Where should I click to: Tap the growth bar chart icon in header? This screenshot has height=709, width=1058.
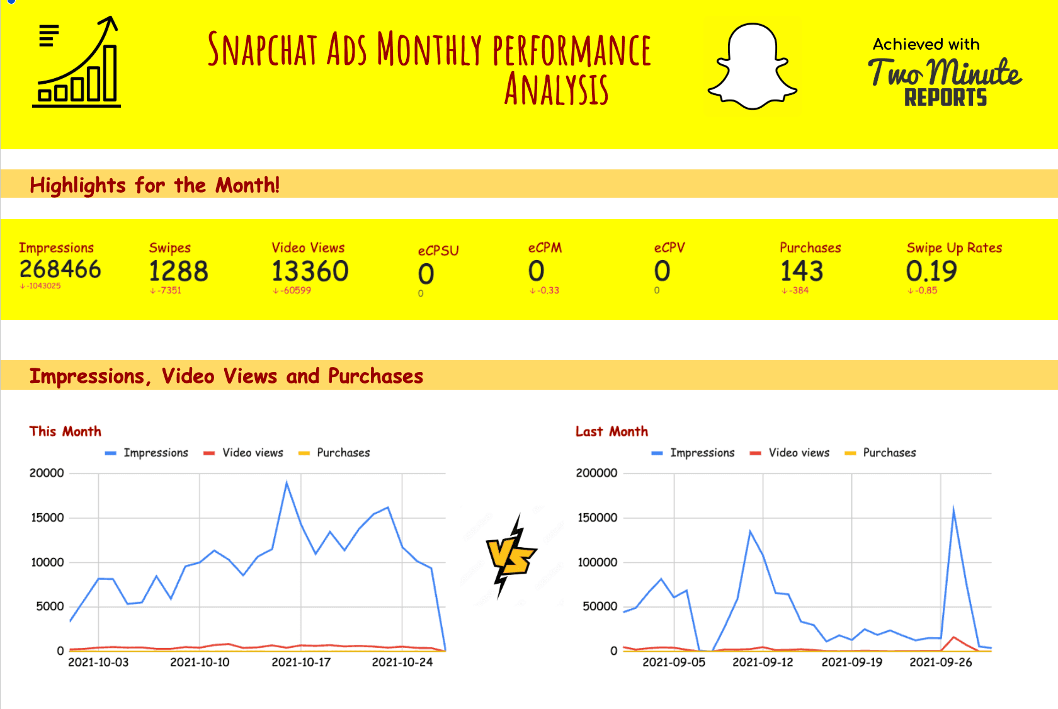point(77,63)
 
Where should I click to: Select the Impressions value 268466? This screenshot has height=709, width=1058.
point(60,269)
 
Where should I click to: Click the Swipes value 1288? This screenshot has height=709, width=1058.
point(178,271)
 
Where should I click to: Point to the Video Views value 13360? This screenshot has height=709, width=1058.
point(310,271)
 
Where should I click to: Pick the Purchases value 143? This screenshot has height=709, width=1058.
point(802,271)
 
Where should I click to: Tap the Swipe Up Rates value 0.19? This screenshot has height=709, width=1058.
point(931,271)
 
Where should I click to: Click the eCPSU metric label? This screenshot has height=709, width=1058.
point(438,251)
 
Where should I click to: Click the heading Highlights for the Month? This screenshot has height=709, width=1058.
point(154,185)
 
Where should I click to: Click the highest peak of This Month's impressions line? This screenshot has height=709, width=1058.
point(287,483)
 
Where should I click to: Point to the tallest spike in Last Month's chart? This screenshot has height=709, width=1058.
point(953,509)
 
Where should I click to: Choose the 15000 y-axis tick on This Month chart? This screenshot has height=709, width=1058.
point(47,518)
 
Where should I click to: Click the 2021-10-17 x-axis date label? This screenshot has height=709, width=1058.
point(301,662)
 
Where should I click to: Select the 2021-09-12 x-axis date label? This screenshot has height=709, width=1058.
point(763,662)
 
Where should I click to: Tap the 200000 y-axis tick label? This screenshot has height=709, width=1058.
point(596,473)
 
